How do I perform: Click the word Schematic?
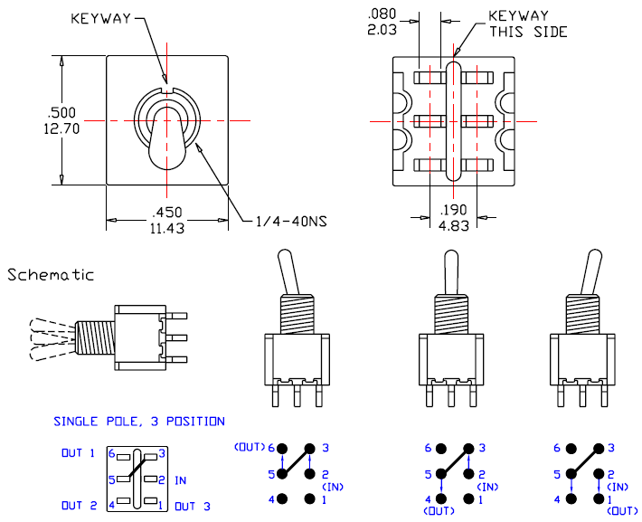pos(51,275)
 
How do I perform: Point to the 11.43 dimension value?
pos(166,229)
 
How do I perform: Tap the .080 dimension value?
pos(382,14)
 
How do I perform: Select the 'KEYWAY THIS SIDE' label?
pos(528,24)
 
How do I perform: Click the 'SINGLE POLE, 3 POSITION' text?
pos(139,422)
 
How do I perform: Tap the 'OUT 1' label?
pos(78,453)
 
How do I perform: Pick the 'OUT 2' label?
pos(79,506)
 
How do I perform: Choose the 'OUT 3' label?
pos(192,506)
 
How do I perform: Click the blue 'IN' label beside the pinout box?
pos(180,479)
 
